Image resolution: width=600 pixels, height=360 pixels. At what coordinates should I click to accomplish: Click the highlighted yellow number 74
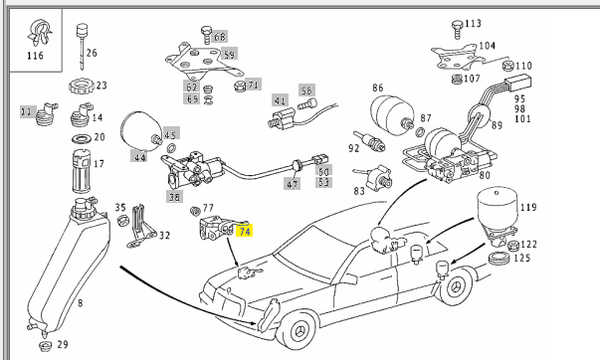(245, 232)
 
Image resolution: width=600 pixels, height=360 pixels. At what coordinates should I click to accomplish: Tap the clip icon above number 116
(40, 33)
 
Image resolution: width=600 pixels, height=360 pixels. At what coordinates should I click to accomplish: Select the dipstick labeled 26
(82, 46)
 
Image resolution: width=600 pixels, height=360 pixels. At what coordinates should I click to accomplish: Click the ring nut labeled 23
(82, 87)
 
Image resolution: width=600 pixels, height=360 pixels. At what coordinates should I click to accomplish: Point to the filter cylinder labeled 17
(82, 171)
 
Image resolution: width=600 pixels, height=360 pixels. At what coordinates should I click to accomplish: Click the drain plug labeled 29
(46, 346)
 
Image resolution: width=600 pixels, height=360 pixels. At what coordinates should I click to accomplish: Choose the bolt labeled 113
(457, 29)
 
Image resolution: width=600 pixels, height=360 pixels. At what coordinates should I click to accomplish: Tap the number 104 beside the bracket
(487, 46)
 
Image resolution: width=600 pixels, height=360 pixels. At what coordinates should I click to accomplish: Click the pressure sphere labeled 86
(392, 112)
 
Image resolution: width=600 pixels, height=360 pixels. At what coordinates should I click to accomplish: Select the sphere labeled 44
(140, 130)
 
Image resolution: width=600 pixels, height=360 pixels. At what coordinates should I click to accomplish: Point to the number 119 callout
(528, 208)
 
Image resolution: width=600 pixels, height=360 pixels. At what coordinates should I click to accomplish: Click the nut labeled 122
(513, 246)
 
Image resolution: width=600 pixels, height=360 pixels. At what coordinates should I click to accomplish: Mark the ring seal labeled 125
(499, 259)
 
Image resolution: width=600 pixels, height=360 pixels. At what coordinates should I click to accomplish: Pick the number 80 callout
(485, 176)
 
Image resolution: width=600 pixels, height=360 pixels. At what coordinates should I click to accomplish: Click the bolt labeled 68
(206, 35)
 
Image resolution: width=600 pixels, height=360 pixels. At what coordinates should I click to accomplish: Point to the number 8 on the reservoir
(80, 303)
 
